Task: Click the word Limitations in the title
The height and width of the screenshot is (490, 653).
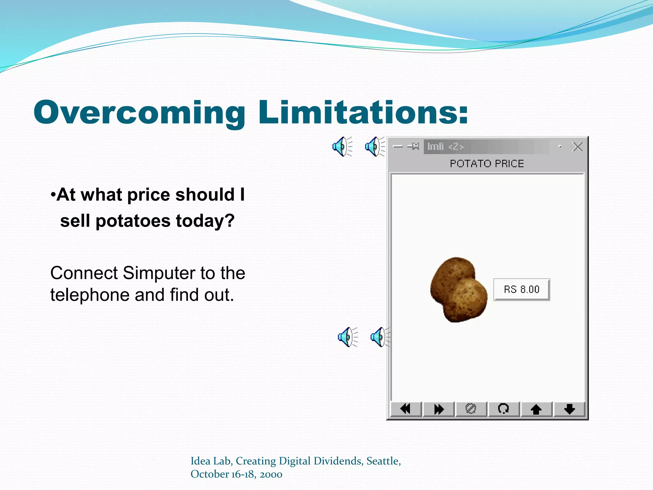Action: [363, 112]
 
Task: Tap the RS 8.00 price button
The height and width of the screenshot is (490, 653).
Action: [521, 289]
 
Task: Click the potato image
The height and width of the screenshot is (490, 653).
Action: [458, 290]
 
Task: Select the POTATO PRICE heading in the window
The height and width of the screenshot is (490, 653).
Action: [487, 164]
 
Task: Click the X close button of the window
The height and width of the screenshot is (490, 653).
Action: [577, 147]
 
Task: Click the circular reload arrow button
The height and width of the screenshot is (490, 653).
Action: [503, 409]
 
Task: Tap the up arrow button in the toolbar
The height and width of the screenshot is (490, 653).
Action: [536, 409]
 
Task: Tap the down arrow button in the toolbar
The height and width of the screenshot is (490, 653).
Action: [569, 409]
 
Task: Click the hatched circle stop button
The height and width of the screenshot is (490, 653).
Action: [471, 409]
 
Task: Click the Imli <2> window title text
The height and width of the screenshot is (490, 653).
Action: [445, 146]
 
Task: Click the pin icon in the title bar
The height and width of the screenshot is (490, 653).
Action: [414, 146]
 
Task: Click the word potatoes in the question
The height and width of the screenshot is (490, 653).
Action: [133, 221]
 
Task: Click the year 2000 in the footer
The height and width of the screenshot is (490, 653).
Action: [271, 474]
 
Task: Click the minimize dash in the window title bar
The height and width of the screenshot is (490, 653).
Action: [398, 147]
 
